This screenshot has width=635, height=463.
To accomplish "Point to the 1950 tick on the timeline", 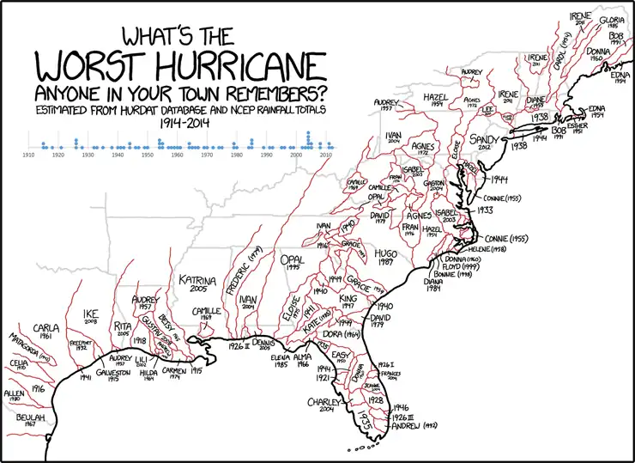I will coord(148,155).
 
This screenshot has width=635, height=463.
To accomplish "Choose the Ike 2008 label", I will coord(91,316).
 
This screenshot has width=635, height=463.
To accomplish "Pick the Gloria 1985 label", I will coord(612,22).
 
